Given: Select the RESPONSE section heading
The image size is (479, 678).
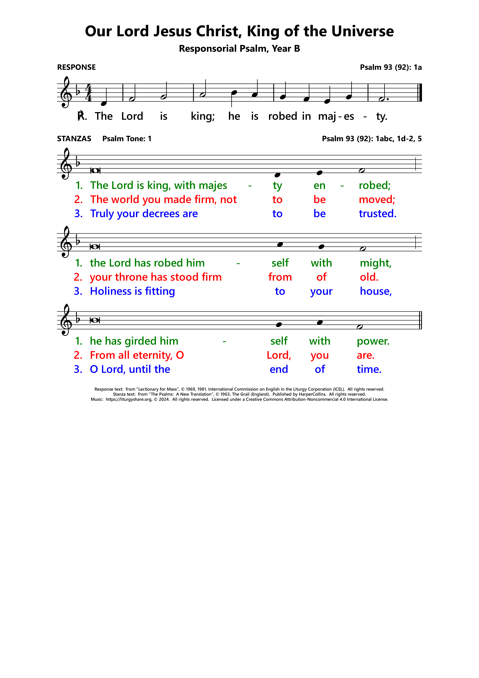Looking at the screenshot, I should click(x=76, y=67).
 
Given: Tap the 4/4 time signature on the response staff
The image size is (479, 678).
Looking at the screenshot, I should click(x=88, y=93).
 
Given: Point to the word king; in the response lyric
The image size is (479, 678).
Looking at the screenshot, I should click(x=203, y=116).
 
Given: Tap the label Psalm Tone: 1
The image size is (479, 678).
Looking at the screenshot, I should click(x=127, y=139).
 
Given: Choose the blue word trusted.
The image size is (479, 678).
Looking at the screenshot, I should click(x=378, y=213).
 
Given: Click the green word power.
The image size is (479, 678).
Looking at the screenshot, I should click(x=373, y=341).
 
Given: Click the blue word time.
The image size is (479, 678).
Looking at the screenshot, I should click(x=369, y=369).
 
